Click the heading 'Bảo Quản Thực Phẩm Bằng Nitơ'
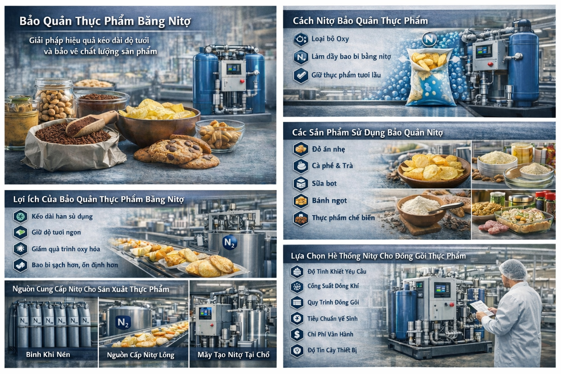click(105, 21)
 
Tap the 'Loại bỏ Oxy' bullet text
click(330, 39)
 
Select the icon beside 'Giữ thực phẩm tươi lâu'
click(301, 75)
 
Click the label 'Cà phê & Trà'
click(332, 165)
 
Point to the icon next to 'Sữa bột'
click(301, 183)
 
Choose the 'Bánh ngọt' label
click(329, 201)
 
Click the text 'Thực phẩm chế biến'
click(343, 218)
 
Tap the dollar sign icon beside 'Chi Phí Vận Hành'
click(297, 335)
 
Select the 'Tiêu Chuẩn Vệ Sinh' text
click(332, 318)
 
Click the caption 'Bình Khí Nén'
click(48, 355)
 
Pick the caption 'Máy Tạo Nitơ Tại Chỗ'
click(233, 355)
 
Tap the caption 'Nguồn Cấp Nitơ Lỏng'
click(141, 355)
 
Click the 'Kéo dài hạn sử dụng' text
click(62, 217)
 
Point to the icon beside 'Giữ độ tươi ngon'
click(20, 232)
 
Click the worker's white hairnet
click(513, 269)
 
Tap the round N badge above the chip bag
click(429, 39)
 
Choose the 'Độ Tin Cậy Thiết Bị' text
click(332, 350)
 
